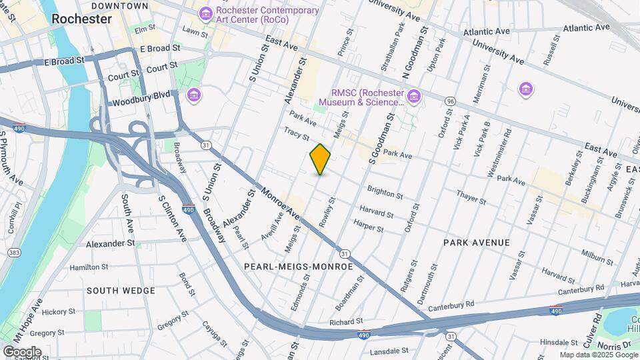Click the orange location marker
click(321, 159)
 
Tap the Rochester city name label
click(81, 19)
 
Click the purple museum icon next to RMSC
click(415, 97)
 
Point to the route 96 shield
click(451, 101)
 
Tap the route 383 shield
click(13, 253)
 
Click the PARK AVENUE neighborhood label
click(476, 243)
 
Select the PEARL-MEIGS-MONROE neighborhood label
click(298, 266)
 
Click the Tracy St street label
click(296, 134)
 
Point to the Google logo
click(22, 351)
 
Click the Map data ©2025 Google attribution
click(597, 355)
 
